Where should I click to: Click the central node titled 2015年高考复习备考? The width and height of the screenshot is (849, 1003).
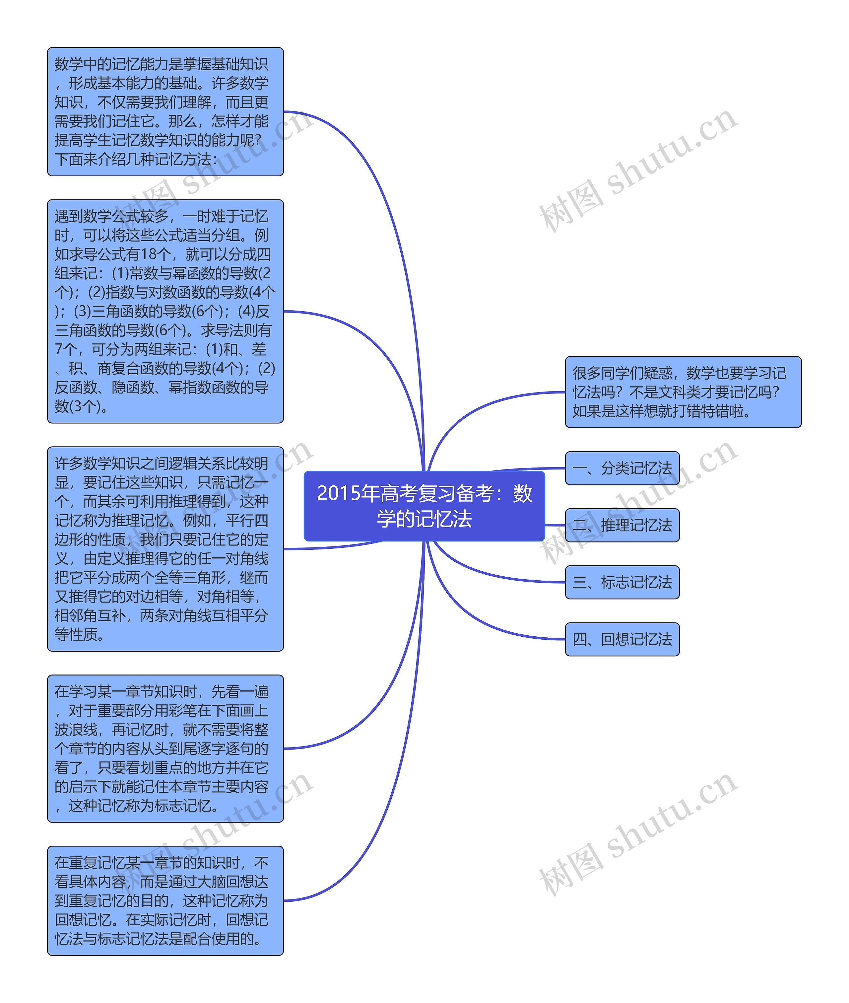tap(424, 506)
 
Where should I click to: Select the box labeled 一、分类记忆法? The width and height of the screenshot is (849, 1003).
tap(622, 468)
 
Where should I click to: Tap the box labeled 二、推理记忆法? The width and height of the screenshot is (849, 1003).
tap(622, 525)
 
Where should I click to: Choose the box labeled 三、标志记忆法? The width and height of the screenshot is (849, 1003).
tap(622, 582)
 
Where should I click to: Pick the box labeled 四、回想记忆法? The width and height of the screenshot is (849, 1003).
tap(622, 639)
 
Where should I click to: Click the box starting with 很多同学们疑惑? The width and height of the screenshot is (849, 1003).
tap(683, 392)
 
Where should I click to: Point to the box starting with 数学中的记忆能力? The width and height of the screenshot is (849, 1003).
tap(165, 112)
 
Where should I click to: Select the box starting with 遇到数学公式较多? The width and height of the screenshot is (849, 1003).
tap(165, 312)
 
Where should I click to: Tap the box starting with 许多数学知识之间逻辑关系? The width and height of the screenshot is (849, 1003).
tap(165, 549)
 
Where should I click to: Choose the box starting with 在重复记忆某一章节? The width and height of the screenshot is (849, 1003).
tap(165, 900)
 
